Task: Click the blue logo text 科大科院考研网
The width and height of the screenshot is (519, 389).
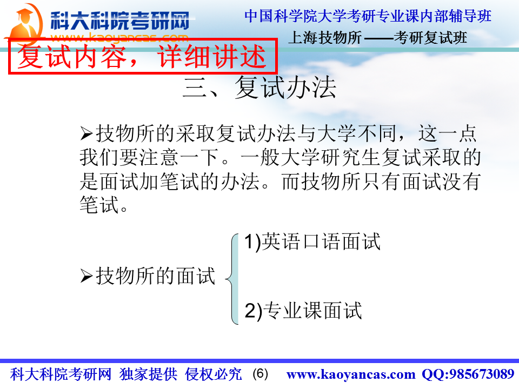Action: pyautogui.click(x=120, y=21)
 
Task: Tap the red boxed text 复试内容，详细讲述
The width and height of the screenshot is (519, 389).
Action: pyautogui.click(x=142, y=57)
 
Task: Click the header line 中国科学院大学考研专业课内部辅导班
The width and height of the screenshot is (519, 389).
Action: pyautogui.click(x=368, y=16)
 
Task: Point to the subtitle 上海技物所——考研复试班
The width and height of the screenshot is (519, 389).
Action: pyautogui.click(x=377, y=38)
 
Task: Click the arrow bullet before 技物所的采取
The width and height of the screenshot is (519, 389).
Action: pyautogui.click(x=86, y=134)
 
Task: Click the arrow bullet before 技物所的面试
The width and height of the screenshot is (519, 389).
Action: pyautogui.click(x=86, y=276)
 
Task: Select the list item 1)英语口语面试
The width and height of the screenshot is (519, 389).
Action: pyautogui.click(x=312, y=242)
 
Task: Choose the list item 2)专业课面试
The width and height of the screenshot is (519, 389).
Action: pyautogui.click(x=303, y=311)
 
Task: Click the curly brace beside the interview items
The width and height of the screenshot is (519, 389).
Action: pyautogui.click(x=232, y=279)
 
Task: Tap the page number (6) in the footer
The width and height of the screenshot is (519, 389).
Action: pyautogui.click(x=260, y=374)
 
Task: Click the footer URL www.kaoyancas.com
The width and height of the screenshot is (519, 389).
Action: pyautogui.click(x=351, y=374)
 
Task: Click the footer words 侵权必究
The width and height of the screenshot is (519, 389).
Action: pyautogui.click(x=214, y=374)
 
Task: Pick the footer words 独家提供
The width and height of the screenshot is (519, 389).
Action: pyautogui.click(x=148, y=374)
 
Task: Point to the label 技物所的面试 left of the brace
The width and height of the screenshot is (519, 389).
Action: pyautogui.click(x=156, y=276)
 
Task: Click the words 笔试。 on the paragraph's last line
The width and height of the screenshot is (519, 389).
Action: pyautogui.click(x=104, y=205)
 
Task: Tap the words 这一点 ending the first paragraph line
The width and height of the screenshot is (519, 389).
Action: pyautogui.click(x=447, y=133)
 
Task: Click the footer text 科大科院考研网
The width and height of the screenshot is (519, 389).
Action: pyautogui.click(x=61, y=374)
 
